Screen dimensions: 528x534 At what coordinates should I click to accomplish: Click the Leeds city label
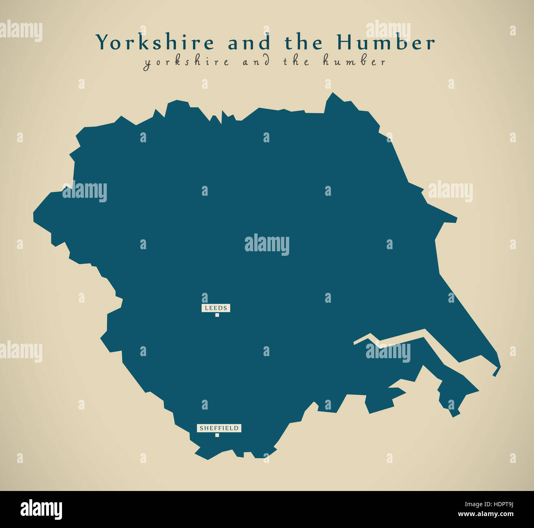(x=216, y=308)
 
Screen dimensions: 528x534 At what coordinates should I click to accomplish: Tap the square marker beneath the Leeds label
(x=217, y=315)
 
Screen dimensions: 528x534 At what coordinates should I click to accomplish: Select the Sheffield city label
(x=219, y=428)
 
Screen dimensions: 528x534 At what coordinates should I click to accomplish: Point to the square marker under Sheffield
(x=217, y=435)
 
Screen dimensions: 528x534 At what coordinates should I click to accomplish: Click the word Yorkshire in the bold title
(x=155, y=43)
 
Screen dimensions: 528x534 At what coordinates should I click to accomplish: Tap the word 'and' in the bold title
(x=249, y=43)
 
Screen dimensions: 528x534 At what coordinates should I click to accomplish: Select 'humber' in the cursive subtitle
(x=354, y=62)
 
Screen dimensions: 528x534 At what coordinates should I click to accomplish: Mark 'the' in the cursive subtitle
(x=295, y=62)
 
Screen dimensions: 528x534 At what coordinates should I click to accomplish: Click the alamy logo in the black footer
(x=41, y=509)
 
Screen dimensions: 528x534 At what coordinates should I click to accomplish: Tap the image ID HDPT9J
(x=499, y=505)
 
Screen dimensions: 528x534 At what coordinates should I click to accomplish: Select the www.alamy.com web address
(x=486, y=514)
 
